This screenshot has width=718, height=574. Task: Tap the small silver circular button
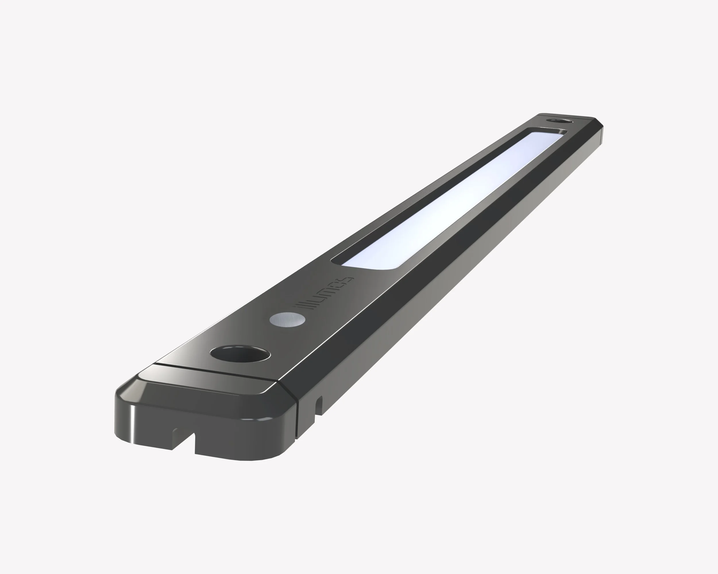pyautogui.click(x=287, y=319)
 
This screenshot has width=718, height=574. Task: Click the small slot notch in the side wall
pyautogui.click(x=319, y=405)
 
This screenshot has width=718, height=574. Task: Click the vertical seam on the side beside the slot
pyautogui.click(x=297, y=416)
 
